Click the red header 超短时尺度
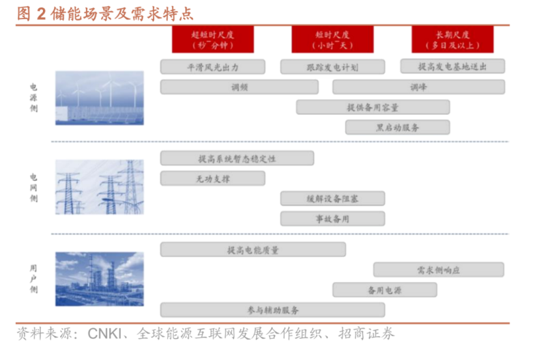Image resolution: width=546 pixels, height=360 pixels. tap(212, 39)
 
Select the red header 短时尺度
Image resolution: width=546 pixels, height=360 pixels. tap(332, 39)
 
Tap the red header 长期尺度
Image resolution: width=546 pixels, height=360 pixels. tap(452, 39)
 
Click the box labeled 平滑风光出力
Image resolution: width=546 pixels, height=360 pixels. tap(212, 67)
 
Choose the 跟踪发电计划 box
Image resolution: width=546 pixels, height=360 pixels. tap(332, 67)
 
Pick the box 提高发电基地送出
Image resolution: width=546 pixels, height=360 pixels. tap(452, 66)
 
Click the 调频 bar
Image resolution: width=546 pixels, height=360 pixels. tap(239, 87)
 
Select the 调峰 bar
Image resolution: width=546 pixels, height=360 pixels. tap(418, 87)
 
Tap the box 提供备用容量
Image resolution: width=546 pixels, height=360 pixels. tap(373, 107)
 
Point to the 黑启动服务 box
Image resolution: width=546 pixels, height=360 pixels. tap(397, 127)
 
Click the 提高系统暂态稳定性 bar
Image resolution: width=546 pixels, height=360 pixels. tap(237, 158)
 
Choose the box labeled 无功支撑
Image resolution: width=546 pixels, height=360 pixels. tap(212, 178)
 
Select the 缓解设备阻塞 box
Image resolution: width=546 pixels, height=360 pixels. tap(332, 199)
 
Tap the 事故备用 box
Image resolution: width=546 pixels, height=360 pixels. tap(332, 219)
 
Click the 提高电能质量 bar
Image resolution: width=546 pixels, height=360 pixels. tap(253, 250)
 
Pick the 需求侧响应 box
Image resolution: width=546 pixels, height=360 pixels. tap(438, 270)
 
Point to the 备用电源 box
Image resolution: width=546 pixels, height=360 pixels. tap(384, 290)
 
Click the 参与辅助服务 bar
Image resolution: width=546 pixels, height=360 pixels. tap(272, 309)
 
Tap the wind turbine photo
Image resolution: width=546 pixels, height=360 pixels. tap(100, 98)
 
